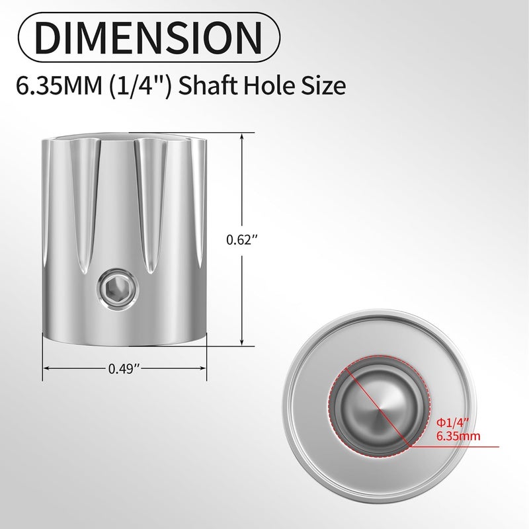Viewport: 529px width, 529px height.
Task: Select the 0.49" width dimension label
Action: (125, 370)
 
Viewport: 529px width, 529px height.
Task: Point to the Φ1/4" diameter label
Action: (450, 423)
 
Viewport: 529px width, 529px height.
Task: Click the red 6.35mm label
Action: (459, 436)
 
